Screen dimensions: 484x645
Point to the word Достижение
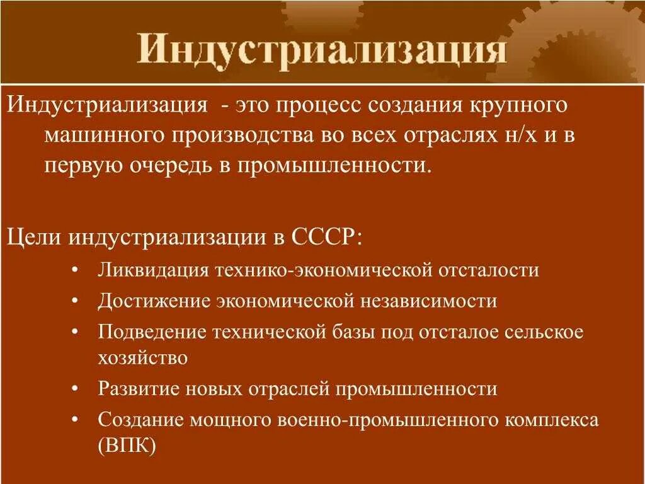[154, 301]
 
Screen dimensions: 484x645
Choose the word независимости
[429, 301]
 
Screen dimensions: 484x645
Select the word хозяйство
[142, 358]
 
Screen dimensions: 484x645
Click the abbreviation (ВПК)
[127, 445]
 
